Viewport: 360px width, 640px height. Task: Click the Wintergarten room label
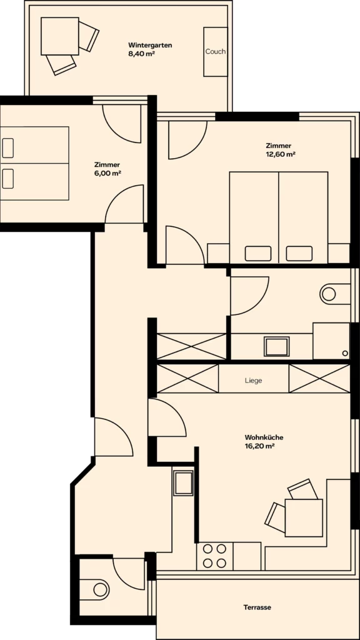click(x=150, y=45)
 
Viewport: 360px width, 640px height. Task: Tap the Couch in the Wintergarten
click(x=216, y=52)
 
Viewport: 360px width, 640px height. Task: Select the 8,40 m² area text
click(x=141, y=54)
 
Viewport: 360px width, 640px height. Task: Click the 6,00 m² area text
click(x=107, y=173)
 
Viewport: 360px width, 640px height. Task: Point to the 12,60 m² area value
click(x=281, y=154)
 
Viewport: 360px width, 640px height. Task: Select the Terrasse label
click(x=257, y=607)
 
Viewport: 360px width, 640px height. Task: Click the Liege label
click(x=254, y=381)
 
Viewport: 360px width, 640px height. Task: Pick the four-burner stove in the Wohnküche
click(x=215, y=556)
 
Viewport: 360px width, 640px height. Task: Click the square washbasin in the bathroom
click(x=277, y=346)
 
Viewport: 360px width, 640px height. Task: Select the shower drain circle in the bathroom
click(x=345, y=353)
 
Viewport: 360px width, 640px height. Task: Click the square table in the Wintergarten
click(x=60, y=36)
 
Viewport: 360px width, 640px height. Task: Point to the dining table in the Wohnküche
click(x=304, y=517)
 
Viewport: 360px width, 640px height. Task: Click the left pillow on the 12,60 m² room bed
click(x=258, y=254)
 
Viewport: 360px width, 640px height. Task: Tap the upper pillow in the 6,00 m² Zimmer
click(x=7, y=148)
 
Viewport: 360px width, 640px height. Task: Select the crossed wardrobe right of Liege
click(x=319, y=379)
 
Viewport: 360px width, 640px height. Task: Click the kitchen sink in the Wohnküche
click(x=183, y=483)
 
